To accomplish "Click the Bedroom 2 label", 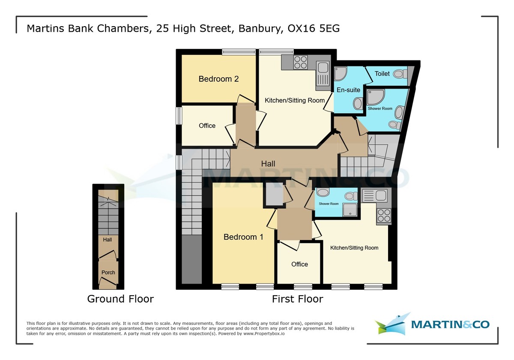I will [218, 79].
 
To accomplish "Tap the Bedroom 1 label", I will [243, 237].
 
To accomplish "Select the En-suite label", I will [348, 90].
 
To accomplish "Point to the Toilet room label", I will [382, 74].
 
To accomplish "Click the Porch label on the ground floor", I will [108, 273].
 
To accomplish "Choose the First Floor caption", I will [297, 299].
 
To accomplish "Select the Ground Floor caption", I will [120, 299].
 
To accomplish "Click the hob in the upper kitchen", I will [300, 62].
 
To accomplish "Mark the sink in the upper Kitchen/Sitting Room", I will [322, 68].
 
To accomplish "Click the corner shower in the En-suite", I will [341, 74].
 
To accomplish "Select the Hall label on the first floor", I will [269, 164].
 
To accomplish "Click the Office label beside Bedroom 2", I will [207, 126].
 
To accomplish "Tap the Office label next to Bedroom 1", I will [299, 264].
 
